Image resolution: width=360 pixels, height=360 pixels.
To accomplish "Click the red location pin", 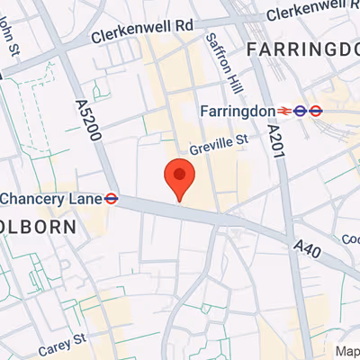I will click(x=180, y=178).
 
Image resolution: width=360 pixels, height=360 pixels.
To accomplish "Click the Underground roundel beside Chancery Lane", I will click(x=112, y=198).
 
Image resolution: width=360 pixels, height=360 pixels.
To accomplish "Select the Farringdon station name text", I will click(x=237, y=111).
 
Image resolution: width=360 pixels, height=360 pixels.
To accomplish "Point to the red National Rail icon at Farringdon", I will click(x=284, y=111).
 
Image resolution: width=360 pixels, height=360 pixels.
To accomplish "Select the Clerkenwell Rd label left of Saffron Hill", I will click(x=142, y=33).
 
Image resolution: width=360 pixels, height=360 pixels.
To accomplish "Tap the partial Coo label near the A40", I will click(x=350, y=238).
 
